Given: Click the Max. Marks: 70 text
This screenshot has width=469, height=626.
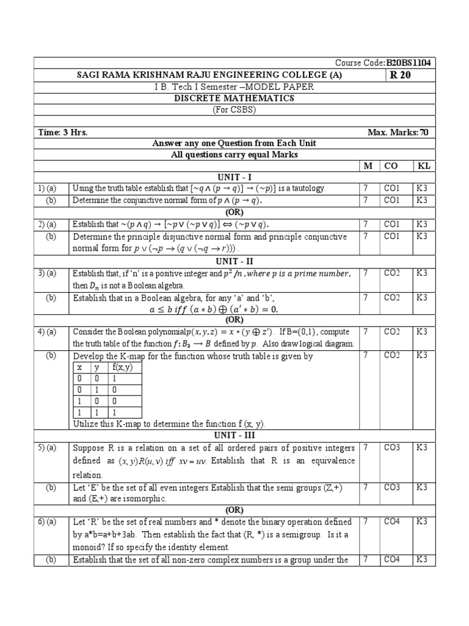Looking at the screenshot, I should pyautogui.click(x=402, y=133).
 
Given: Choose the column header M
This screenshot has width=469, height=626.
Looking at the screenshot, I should pyautogui.click(x=368, y=166).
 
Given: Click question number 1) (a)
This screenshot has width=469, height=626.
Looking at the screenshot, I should pyautogui.click(x=46, y=188).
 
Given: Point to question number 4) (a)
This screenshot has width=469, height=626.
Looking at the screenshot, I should pyautogui.click(x=46, y=331).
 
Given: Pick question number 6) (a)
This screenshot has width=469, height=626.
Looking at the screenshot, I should pyautogui.click(x=46, y=521).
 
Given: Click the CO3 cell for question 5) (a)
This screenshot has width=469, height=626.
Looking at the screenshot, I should pyautogui.click(x=391, y=447).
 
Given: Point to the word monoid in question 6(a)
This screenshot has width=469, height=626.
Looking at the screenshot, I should pyautogui.click(x=87, y=547).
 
